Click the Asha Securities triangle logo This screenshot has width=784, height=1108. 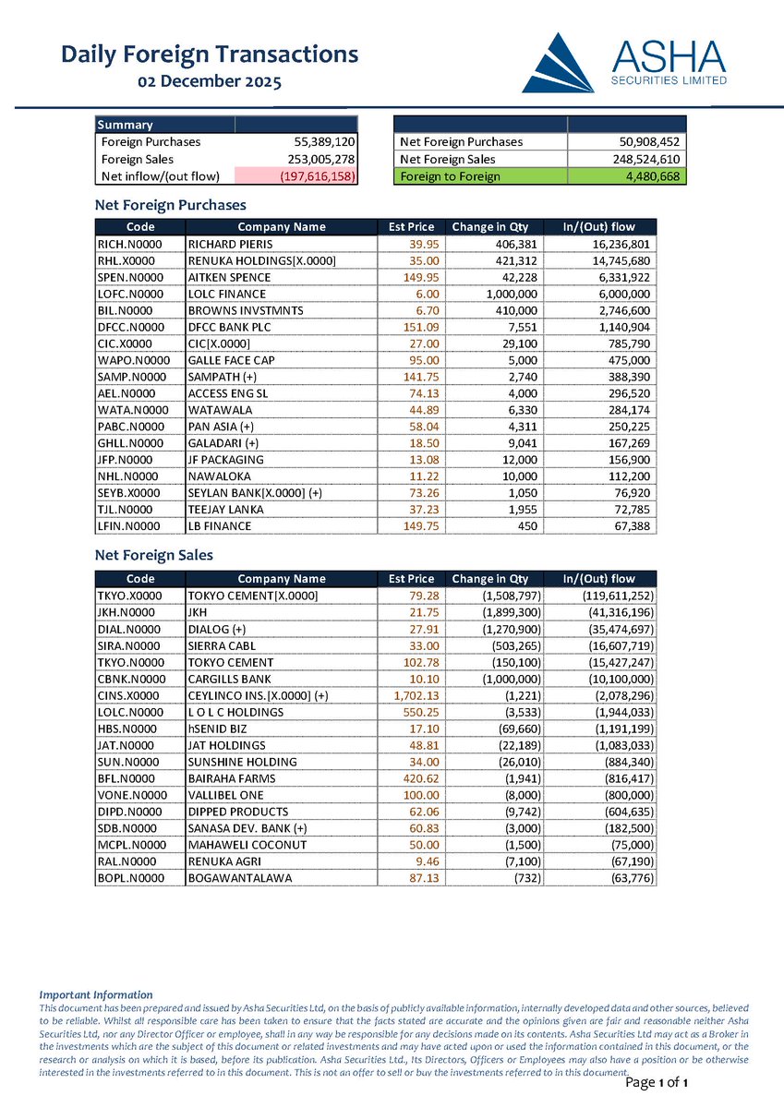click(559, 63)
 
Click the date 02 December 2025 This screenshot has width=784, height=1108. click(210, 81)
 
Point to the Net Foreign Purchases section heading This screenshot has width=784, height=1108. click(171, 204)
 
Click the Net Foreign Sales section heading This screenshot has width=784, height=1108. click(154, 555)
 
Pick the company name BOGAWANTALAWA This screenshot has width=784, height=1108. click(239, 877)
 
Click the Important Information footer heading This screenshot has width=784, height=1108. click(96, 994)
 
